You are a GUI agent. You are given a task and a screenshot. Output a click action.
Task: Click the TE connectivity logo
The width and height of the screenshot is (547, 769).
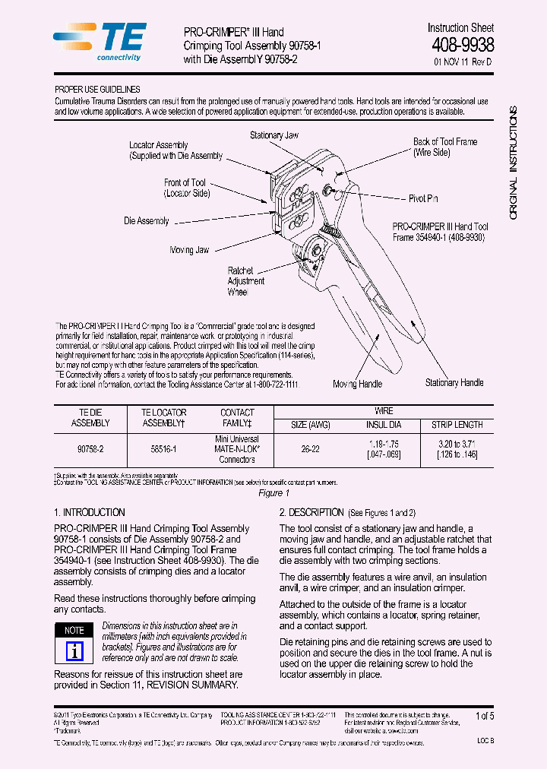click(x=100, y=42)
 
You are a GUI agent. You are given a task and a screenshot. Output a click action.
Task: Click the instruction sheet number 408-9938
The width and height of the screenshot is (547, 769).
click(x=462, y=46)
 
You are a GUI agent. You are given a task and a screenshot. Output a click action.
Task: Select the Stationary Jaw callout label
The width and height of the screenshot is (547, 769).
click(x=274, y=135)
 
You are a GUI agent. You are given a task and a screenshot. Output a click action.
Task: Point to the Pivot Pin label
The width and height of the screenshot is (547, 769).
click(x=423, y=198)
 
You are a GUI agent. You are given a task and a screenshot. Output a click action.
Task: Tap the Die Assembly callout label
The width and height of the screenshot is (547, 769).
click(x=147, y=221)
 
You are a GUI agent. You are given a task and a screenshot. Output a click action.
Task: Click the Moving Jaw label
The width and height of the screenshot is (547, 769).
click(x=189, y=250)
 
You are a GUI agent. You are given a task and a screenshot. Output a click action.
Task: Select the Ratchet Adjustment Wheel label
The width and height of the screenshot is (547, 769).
click(x=246, y=281)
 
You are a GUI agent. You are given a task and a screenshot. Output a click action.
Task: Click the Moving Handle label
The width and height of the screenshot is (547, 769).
click(x=357, y=384)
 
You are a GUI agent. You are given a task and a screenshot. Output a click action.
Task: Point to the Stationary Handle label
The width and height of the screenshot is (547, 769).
click(x=454, y=382)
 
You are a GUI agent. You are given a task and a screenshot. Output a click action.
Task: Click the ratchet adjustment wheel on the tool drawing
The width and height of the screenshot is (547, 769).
click(x=313, y=250)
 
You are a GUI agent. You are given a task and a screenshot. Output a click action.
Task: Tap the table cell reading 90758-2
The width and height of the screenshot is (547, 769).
click(x=90, y=449)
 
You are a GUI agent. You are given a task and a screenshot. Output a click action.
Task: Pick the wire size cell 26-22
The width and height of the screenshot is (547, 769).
click(x=310, y=449)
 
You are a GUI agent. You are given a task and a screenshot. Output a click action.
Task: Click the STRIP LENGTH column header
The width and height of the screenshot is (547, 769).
click(x=457, y=425)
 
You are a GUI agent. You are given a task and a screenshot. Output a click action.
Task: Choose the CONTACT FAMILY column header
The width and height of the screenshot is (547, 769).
click(x=236, y=417)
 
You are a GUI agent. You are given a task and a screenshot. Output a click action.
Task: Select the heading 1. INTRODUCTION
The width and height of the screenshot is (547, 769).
click(x=90, y=512)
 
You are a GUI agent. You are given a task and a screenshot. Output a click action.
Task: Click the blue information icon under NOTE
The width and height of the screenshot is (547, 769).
click(x=74, y=651)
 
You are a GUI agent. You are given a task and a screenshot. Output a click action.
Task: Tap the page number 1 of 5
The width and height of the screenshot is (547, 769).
click(x=484, y=716)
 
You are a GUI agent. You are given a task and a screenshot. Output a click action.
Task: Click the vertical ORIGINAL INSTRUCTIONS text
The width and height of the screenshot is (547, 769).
click(x=513, y=163)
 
